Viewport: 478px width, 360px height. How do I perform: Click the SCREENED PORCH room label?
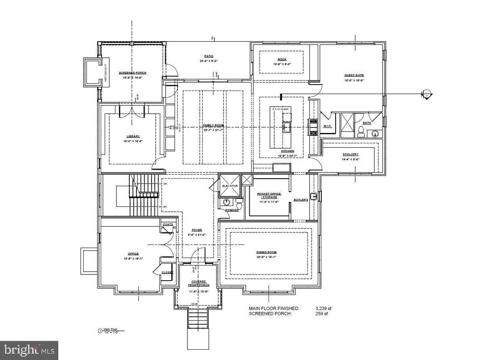click(x=132, y=73)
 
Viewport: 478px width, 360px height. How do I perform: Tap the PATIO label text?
click(x=209, y=56)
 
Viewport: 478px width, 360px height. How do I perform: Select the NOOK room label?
click(x=282, y=60)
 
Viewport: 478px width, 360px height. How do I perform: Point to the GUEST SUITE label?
click(x=354, y=75)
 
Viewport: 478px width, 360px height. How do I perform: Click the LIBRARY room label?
click(x=132, y=136)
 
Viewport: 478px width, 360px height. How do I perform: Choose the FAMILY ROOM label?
click(x=213, y=125)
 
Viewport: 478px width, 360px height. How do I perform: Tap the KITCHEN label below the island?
click(x=287, y=151)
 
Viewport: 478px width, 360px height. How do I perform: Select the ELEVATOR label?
click(x=230, y=185)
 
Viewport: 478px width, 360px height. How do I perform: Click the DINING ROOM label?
click(x=266, y=252)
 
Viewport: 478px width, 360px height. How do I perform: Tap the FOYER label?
click(x=197, y=230)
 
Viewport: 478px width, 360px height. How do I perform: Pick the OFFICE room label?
click(x=133, y=253)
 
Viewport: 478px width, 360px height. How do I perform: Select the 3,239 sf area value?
click(x=324, y=309)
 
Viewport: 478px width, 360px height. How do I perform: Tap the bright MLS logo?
click(x=29, y=347)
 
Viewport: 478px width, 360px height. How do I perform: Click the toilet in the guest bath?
click(x=361, y=131)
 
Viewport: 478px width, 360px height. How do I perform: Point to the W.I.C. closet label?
click(x=327, y=126)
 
